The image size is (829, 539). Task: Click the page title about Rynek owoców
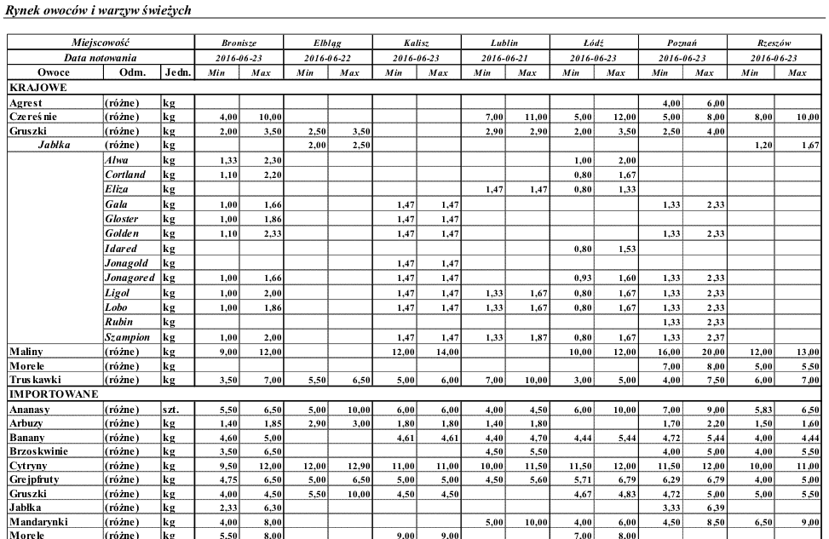click(99, 9)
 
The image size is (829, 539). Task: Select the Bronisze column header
click(239, 43)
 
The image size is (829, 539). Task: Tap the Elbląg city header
click(328, 43)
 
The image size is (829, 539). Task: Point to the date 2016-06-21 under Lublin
click(505, 58)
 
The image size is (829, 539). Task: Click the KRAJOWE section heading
click(38, 87)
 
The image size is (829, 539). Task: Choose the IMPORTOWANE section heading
click(54, 393)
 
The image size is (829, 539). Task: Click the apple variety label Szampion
click(129, 337)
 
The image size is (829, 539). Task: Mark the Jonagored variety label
click(130, 278)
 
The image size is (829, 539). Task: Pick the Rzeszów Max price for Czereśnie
click(797, 117)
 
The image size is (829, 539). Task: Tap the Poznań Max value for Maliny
click(705, 352)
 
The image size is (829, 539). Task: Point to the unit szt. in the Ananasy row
click(172, 410)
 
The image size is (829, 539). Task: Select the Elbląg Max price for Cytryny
click(349, 467)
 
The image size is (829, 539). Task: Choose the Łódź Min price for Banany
click(572, 438)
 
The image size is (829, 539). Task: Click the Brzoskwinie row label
click(39, 451)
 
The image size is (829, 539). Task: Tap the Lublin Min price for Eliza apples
click(483, 190)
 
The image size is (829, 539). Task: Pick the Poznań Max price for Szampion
click(705, 337)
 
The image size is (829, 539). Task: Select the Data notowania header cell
click(101, 58)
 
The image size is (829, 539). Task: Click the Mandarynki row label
click(39, 521)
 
